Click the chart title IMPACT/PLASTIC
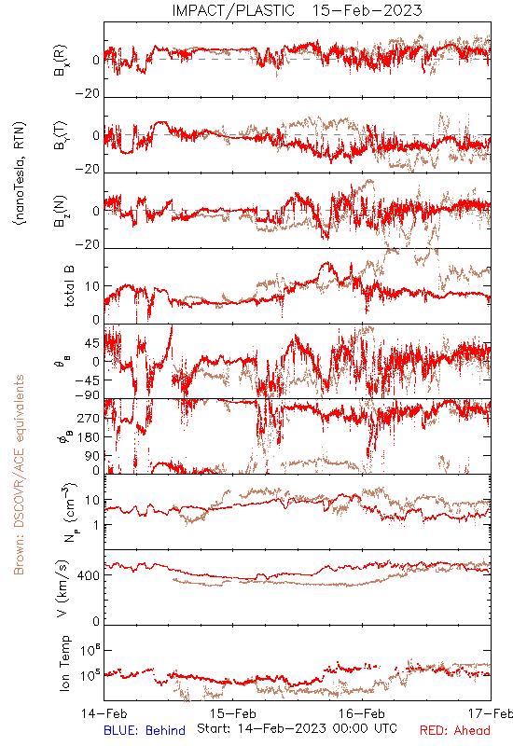point(233,10)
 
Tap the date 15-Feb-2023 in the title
point(367,10)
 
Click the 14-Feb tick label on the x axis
point(104,713)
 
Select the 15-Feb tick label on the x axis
point(233,713)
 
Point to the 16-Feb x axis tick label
point(362,713)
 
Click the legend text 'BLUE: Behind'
point(145,730)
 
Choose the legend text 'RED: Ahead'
point(455,730)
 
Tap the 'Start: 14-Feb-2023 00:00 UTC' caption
point(297,728)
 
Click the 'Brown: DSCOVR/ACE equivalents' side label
point(19,475)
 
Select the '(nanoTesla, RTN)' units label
point(20,173)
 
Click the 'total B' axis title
point(69,286)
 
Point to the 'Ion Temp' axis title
point(65,663)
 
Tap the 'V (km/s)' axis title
point(62,588)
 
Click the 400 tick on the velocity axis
point(89,575)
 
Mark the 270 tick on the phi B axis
point(89,418)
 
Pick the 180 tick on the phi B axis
point(89,437)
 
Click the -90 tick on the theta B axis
point(88,394)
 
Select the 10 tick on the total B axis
point(92,286)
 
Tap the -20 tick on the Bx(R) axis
point(88,93)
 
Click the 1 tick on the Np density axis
point(97,525)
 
